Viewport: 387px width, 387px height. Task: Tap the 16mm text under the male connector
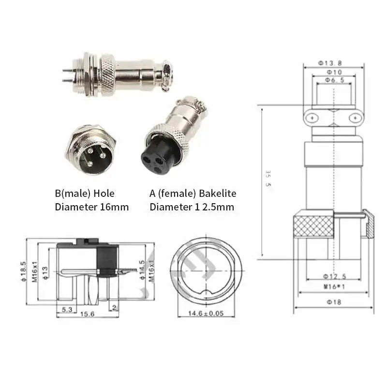pos(116,207)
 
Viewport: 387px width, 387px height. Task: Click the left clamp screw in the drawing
pos(313,118)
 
